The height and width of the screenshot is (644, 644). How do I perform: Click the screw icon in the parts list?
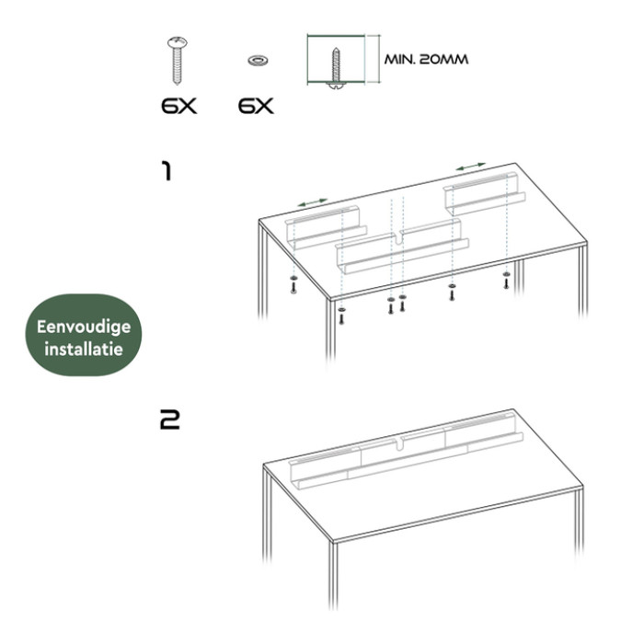(x=177, y=60)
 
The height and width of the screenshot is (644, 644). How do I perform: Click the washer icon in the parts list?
(x=258, y=61)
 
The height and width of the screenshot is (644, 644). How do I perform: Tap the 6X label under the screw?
(x=178, y=107)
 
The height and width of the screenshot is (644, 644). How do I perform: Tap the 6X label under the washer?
(x=256, y=107)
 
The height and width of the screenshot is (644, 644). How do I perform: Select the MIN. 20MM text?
(x=426, y=60)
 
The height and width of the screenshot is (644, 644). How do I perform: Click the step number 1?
(x=167, y=171)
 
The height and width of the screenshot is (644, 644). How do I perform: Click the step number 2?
(x=169, y=420)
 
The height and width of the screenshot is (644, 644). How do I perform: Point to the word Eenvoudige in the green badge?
(x=84, y=327)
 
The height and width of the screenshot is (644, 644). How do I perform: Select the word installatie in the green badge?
(x=84, y=349)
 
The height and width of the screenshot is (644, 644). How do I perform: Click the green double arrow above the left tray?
(x=313, y=202)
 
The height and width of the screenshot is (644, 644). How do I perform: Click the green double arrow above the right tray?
(x=471, y=167)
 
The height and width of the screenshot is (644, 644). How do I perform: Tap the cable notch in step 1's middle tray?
(x=397, y=238)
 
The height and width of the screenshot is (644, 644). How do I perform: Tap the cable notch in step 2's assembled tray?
(x=398, y=443)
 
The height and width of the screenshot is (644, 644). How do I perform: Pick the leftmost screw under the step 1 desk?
(x=293, y=285)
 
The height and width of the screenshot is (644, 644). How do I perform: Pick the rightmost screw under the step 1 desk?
(x=506, y=281)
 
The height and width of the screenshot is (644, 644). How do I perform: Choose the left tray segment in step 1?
(x=326, y=227)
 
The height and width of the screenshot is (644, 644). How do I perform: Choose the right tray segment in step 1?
(x=485, y=193)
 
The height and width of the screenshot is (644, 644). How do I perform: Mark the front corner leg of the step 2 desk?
(x=333, y=575)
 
